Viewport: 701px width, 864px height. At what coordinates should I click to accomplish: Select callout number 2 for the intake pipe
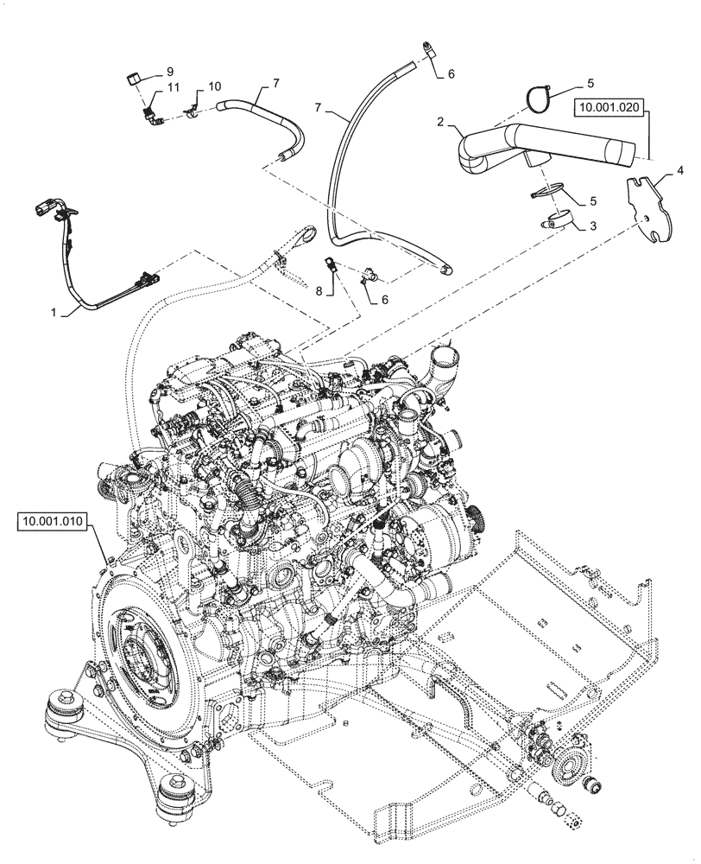pos(440,124)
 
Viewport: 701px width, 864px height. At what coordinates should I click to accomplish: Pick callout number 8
pos(319,292)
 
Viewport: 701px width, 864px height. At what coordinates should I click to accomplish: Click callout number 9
pos(169,71)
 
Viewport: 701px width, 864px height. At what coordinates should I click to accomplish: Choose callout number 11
pos(173,89)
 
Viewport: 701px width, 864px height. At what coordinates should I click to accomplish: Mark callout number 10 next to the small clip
pos(214,86)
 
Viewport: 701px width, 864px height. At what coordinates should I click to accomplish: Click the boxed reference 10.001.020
pos(608,108)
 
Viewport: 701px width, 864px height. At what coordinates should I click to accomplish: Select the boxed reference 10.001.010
pos(51,522)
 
